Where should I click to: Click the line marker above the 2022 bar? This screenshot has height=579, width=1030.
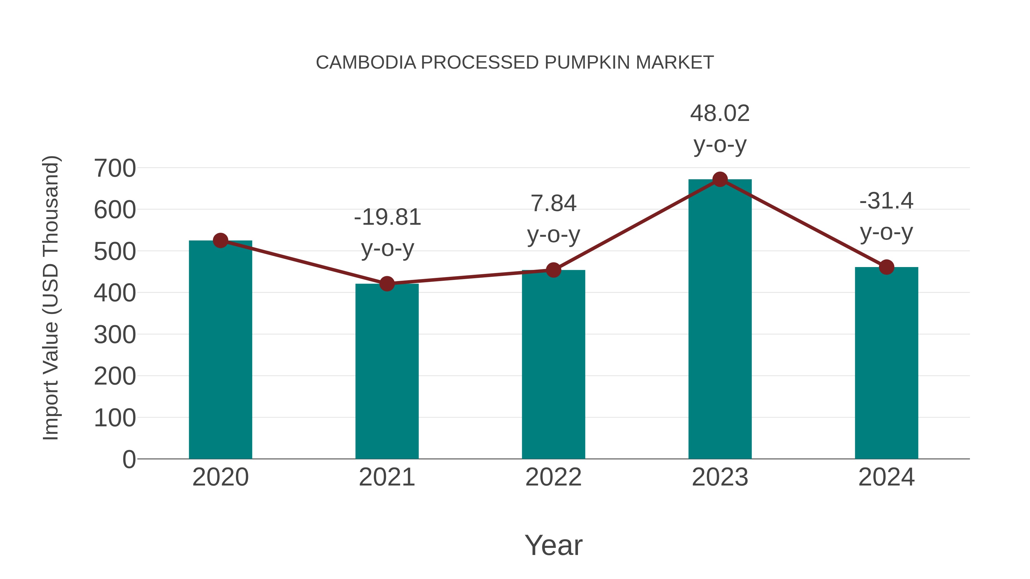point(553,270)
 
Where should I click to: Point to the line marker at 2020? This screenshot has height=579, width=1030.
point(220,240)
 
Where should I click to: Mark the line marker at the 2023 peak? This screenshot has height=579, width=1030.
point(720,179)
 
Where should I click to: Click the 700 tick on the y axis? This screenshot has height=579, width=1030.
point(115,168)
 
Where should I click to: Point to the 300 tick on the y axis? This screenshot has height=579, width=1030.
point(115,335)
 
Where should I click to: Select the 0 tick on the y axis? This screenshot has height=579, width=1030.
point(129,459)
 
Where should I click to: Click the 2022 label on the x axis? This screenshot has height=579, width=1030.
point(553,477)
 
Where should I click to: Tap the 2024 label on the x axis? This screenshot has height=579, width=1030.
point(886,477)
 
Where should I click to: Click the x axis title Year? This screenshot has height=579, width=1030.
point(553,545)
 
